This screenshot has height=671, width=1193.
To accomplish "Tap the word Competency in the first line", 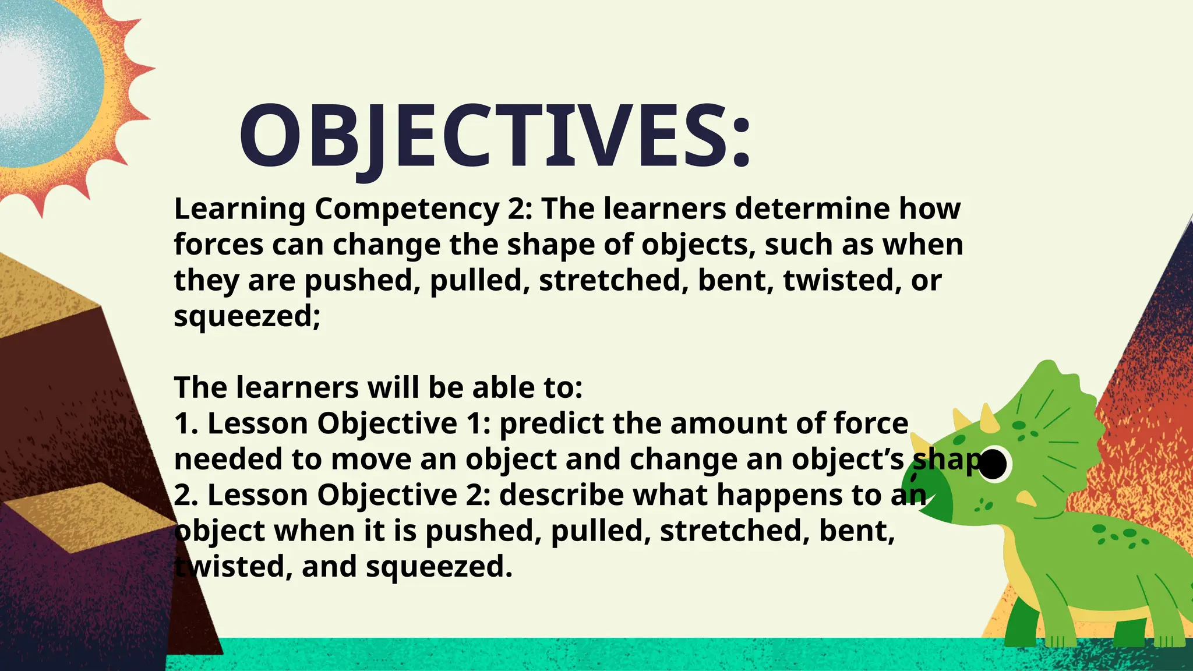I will tap(407, 209).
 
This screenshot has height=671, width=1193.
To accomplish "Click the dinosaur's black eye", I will tap(994, 464).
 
